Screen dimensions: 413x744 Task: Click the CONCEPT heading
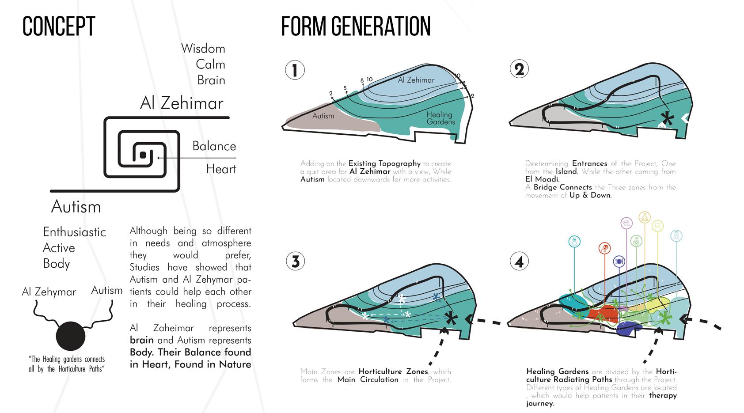(x=59, y=27)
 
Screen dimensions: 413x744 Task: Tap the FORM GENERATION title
(x=356, y=27)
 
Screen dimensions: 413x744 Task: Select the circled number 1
(x=295, y=70)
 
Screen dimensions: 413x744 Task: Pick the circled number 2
(x=519, y=69)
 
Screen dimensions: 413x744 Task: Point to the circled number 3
(x=296, y=261)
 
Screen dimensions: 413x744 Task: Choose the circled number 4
(x=519, y=261)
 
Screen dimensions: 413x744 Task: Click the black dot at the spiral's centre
(x=143, y=155)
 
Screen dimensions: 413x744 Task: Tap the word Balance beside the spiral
(x=214, y=146)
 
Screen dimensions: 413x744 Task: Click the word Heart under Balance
(x=221, y=169)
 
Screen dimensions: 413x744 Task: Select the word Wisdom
(x=203, y=49)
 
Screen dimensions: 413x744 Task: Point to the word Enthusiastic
(x=74, y=232)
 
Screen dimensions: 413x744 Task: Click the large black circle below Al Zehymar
(x=70, y=336)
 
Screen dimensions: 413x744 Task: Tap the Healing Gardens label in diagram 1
(x=440, y=118)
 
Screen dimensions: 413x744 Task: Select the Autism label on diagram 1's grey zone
(x=323, y=116)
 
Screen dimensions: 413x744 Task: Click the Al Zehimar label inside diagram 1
(x=416, y=80)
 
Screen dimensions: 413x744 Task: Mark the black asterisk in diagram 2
(x=667, y=118)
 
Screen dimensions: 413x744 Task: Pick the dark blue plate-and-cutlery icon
(x=619, y=261)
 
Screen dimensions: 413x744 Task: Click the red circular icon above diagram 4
(x=604, y=248)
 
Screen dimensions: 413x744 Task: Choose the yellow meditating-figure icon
(x=645, y=217)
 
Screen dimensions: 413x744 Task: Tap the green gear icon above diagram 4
(x=636, y=241)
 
